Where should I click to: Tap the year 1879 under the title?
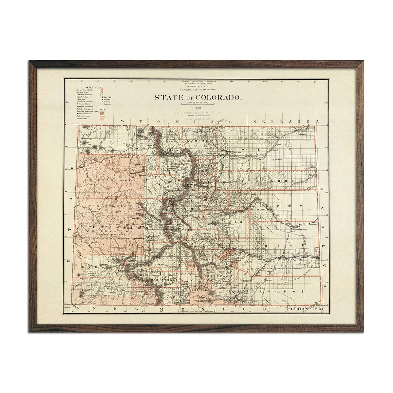(198, 107)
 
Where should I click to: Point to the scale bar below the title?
(198, 104)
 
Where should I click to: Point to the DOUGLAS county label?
(213, 200)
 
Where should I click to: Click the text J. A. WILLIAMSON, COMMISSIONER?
(198, 89)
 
